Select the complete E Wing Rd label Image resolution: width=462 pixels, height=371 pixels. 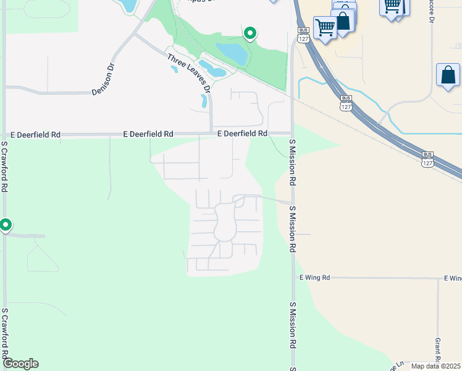tap(315, 278)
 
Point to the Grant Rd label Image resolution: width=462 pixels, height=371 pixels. tap(437, 351)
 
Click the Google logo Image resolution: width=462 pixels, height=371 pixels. tap(20, 364)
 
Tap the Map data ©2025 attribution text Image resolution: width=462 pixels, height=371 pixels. tap(435, 366)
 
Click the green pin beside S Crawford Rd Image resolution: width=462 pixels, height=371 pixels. tap(6, 225)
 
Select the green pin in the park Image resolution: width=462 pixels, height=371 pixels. tap(250, 33)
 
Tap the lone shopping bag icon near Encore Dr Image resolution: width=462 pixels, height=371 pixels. tap(447, 75)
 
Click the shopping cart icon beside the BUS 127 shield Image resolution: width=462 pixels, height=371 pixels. tap(324, 27)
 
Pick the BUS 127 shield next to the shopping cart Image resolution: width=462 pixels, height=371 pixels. tap(303, 35)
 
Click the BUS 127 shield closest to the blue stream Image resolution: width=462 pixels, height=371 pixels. tap(346, 102)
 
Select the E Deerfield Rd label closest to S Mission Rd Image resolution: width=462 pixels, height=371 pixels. tap(242, 134)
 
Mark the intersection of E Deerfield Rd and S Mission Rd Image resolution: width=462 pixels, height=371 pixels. tap(292, 133)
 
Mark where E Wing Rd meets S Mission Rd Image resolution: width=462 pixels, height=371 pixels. tap(293, 278)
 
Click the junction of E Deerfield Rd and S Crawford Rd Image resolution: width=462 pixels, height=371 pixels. tap(4, 134)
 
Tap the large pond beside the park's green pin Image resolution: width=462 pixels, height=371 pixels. tap(231, 53)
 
